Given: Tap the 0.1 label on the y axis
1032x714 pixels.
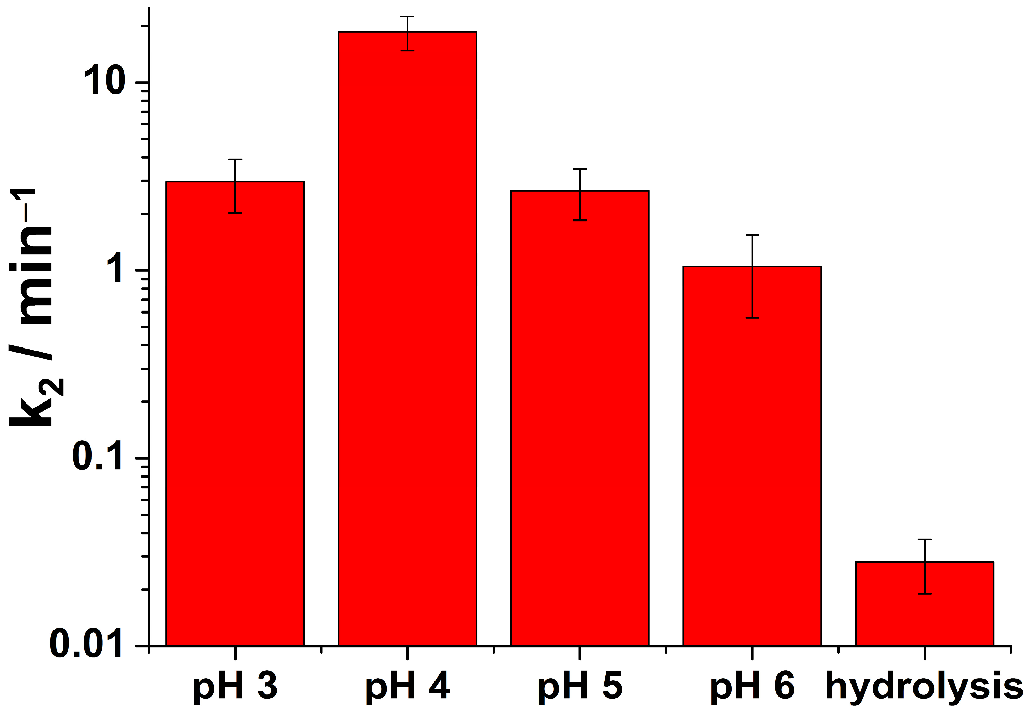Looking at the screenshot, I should point(98,457).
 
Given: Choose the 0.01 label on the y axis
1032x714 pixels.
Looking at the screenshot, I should point(87,645).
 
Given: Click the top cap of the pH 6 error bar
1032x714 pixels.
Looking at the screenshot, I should point(752,235).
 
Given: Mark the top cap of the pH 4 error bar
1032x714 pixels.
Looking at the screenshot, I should point(407,17).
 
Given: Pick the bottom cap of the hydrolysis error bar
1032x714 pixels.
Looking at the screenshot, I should point(925,594).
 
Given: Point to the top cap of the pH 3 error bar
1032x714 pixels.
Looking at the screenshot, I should point(235,159).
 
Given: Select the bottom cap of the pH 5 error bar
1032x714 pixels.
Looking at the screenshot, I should point(580,220).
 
